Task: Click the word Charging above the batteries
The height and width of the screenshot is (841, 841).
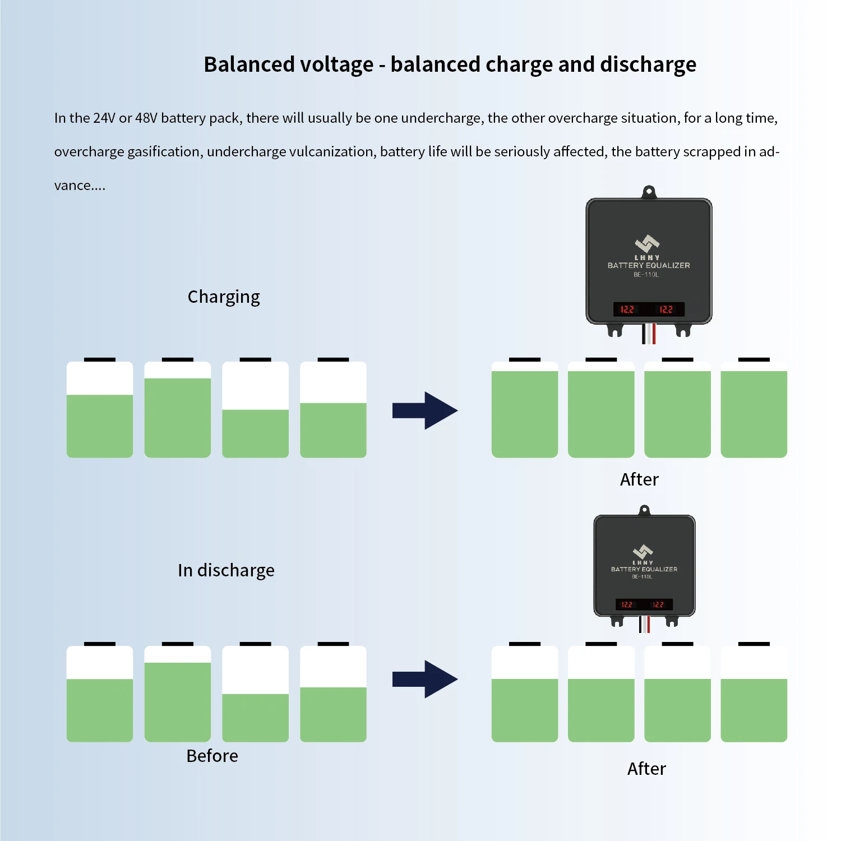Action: click(x=224, y=297)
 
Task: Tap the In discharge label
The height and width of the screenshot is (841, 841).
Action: click(x=226, y=570)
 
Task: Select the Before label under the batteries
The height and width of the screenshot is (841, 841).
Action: click(x=212, y=756)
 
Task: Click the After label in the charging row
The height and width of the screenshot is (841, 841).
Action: click(x=639, y=479)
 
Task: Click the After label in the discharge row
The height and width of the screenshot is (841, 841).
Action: click(x=646, y=769)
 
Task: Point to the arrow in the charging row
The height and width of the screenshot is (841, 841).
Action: click(x=425, y=410)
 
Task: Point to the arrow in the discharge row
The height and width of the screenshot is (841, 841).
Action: click(x=425, y=679)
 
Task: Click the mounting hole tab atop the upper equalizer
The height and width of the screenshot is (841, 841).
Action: click(x=649, y=192)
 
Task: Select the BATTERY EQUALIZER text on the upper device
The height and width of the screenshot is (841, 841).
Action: click(x=649, y=265)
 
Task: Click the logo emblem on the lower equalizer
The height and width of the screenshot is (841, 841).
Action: click(x=643, y=551)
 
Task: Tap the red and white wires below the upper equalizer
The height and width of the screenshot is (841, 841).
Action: click(x=649, y=334)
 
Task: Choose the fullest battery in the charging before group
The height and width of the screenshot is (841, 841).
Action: click(x=178, y=410)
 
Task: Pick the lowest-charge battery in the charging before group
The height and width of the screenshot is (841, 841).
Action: click(x=255, y=410)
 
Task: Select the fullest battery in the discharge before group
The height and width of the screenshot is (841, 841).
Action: click(x=178, y=694)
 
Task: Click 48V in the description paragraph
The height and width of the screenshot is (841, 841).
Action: click(x=146, y=118)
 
